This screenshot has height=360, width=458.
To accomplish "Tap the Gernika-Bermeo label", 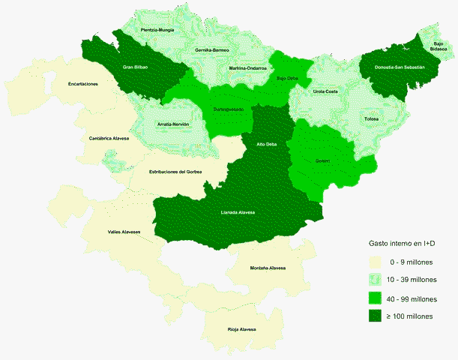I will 211,50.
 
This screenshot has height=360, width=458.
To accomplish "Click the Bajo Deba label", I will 288,77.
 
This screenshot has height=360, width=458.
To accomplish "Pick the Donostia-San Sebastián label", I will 398,67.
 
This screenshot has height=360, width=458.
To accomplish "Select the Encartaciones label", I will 83,83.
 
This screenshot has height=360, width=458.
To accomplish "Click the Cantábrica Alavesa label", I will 109,138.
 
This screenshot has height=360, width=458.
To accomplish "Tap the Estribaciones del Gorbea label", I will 176,172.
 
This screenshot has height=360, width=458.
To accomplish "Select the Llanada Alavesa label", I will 238,212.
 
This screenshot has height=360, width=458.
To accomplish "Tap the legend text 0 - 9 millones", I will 415,262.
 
